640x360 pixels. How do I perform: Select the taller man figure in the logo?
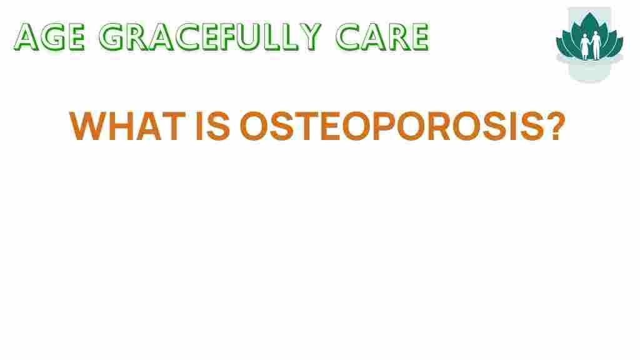click(x=596, y=45)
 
